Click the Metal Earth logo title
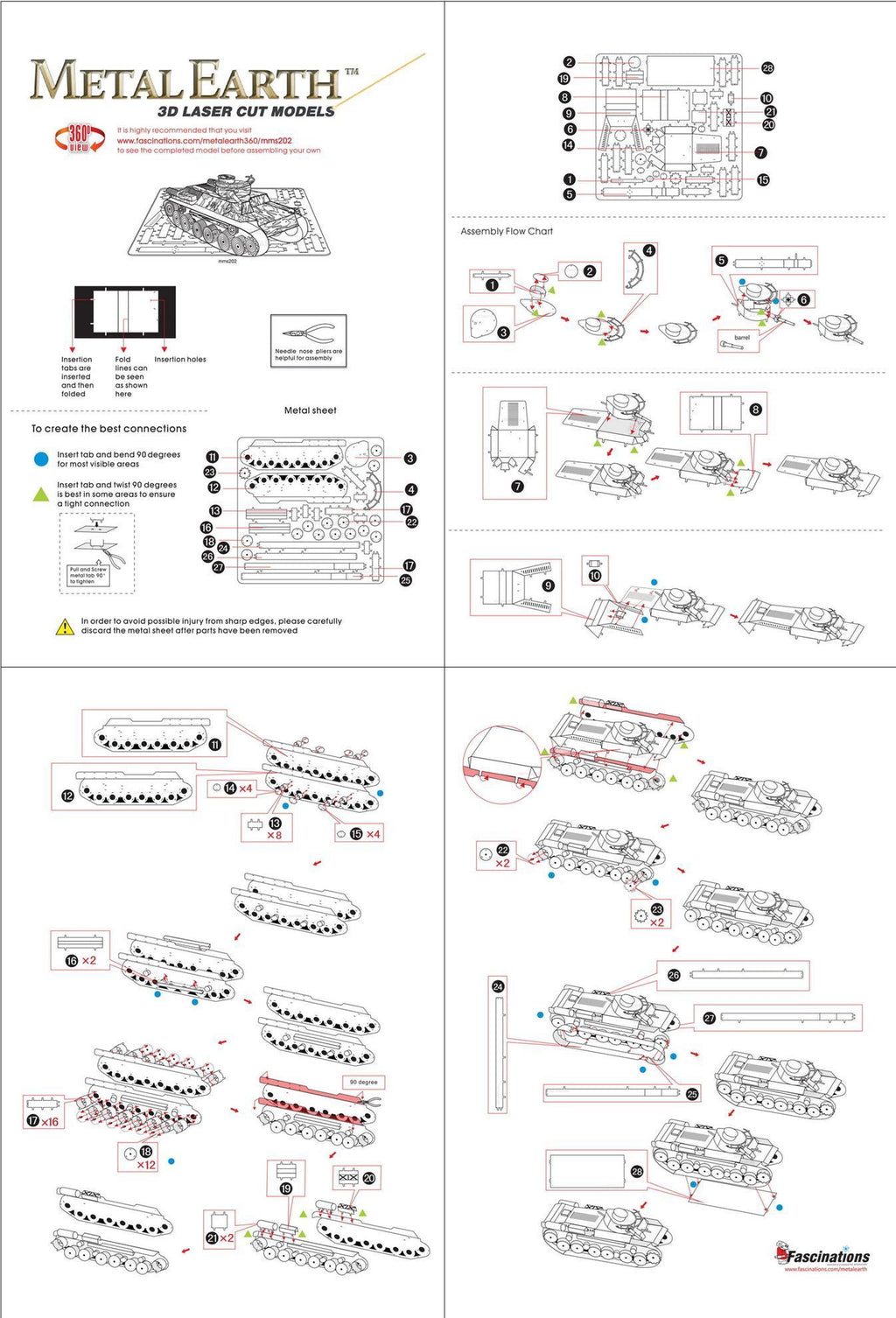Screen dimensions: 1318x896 pyautogui.click(x=185, y=81)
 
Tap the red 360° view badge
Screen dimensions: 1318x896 pyautogui.click(x=79, y=138)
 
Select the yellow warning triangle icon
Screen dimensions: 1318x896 pyautogui.click(x=65, y=627)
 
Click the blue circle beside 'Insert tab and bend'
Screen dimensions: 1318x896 pyautogui.click(x=41, y=459)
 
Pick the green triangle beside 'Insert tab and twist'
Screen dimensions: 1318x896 pyautogui.click(x=41, y=494)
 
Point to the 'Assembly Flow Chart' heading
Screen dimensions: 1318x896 pyautogui.click(x=507, y=231)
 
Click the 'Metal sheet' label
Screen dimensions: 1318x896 pyautogui.click(x=310, y=410)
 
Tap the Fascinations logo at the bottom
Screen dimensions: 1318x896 pyautogui.click(x=822, y=1257)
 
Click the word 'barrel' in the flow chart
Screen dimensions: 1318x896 pyautogui.click(x=742, y=337)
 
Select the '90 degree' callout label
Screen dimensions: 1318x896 pyautogui.click(x=363, y=1083)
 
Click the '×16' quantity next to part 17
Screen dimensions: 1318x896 pyautogui.click(x=50, y=1122)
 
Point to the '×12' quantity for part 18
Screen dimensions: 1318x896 pyautogui.click(x=146, y=1165)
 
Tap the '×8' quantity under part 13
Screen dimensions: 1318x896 pyautogui.click(x=275, y=836)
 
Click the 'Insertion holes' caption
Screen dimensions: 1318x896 pyautogui.click(x=180, y=360)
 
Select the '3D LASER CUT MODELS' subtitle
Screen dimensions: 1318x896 pyautogui.click(x=246, y=112)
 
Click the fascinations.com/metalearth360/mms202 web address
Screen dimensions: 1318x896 pyautogui.click(x=204, y=140)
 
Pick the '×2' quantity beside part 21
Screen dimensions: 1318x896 pyautogui.click(x=227, y=1238)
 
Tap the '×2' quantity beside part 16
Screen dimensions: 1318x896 pyautogui.click(x=89, y=960)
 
